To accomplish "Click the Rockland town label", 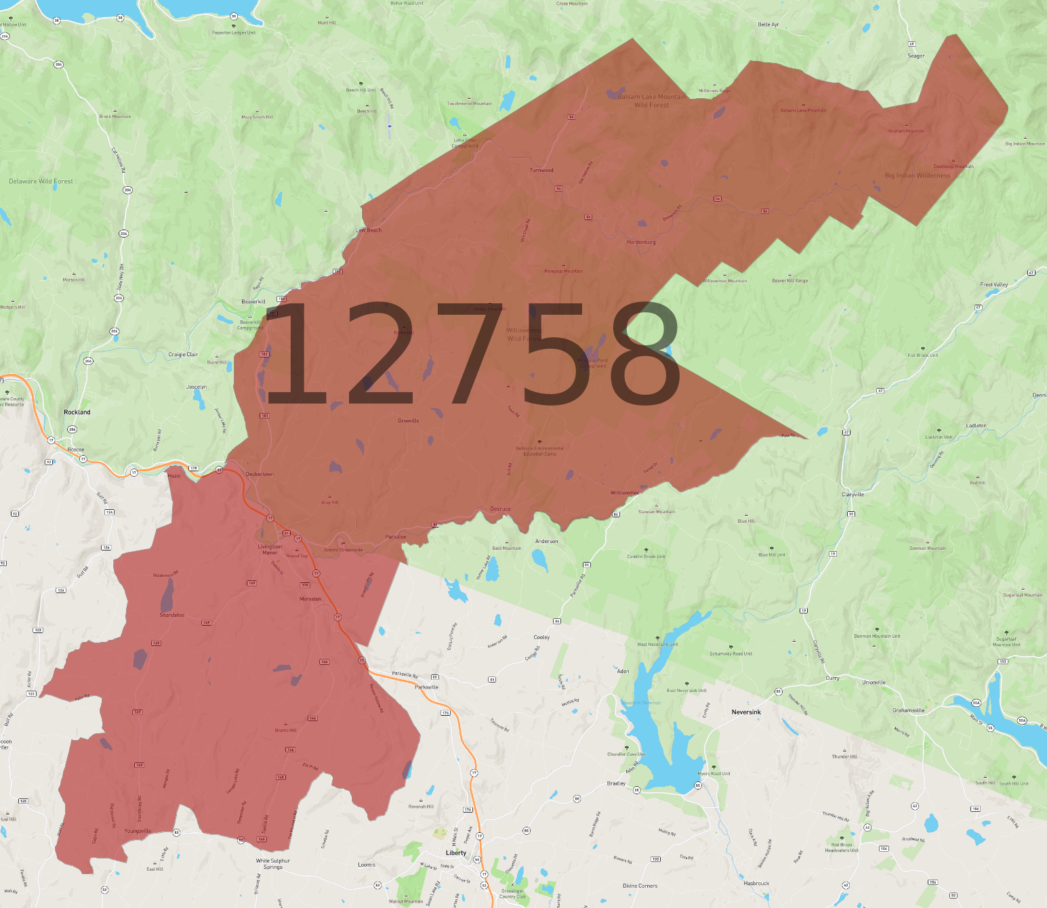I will pyautogui.click(x=77, y=412).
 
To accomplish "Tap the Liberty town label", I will pyautogui.click(x=456, y=852).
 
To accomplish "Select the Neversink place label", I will pyautogui.click(x=746, y=712).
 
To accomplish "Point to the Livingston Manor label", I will pyautogui.click(x=270, y=549).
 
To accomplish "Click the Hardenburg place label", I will pyautogui.click(x=641, y=242).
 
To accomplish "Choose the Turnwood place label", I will pyautogui.click(x=541, y=170).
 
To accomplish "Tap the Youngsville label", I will pyautogui.click(x=138, y=831).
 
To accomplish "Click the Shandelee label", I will pyautogui.click(x=171, y=615).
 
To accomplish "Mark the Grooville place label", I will pyautogui.click(x=408, y=420).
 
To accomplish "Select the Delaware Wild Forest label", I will pyautogui.click(x=41, y=181).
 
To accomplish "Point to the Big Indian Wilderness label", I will pyautogui.click(x=918, y=175).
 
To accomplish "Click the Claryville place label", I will pyautogui.click(x=853, y=494).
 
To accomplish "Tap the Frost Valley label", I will pyautogui.click(x=993, y=284).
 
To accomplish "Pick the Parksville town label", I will pyautogui.click(x=426, y=687).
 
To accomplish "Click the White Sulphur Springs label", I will pyautogui.click(x=273, y=864).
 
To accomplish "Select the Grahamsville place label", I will pyautogui.click(x=908, y=710).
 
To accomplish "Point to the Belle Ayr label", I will pyautogui.click(x=768, y=24).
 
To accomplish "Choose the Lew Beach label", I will pyautogui.click(x=369, y=230).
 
